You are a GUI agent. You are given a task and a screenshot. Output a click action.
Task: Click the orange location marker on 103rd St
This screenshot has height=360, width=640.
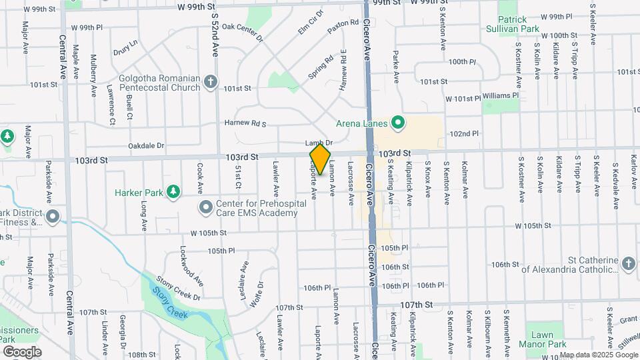pos(320,159)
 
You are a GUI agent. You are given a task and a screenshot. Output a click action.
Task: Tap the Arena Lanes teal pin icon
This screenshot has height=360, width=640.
pos(399,122)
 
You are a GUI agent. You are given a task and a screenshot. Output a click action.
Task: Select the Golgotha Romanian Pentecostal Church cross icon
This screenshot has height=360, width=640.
pos(211,82)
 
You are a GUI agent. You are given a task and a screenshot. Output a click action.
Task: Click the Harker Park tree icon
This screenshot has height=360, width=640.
pos(173,193)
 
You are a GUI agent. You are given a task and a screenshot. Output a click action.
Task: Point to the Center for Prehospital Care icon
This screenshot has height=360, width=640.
pos(205,207)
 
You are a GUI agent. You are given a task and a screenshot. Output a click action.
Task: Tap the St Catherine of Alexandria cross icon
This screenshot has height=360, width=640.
pos(628,264)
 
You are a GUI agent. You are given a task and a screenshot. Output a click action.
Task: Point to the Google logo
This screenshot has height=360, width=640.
pos(22,351)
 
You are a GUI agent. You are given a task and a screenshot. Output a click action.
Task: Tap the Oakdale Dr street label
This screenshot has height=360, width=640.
pos(147,145)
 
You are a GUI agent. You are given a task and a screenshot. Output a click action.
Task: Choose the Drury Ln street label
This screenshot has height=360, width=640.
pos(125,47)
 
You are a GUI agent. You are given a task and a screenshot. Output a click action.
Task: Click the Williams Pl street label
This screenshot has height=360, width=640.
pos(501,95)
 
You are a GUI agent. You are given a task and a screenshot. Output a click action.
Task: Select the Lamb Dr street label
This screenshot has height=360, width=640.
pos(319,143)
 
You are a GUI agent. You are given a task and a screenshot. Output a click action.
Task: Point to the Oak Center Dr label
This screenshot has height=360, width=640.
pos(243,31)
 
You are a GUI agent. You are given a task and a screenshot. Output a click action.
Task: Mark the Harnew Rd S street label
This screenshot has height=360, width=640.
pos(245,124)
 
